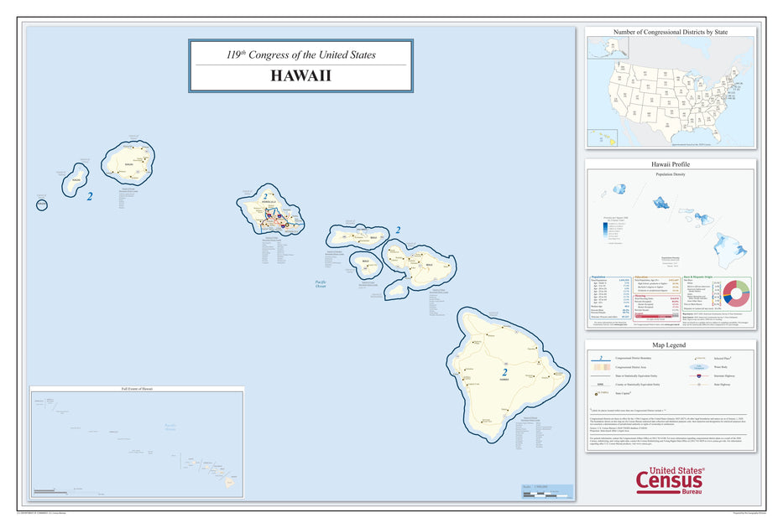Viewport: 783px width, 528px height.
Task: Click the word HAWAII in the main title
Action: tap(300, 75)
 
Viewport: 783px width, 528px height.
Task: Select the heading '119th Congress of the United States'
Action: tap(300, 55)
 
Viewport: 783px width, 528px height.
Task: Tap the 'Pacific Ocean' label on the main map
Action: tap(320, 284)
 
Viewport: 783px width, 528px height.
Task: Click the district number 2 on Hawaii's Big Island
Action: tap(504, 372)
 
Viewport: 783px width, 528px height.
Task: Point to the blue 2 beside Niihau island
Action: tap(90, 197)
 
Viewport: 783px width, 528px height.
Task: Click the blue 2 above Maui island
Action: tap(398, 230)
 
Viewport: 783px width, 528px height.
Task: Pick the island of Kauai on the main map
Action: tap(129, 163)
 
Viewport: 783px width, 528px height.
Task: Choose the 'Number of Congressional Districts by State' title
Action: tap(671, 32)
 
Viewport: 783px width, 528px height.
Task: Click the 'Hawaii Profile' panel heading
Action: tap(671, 165)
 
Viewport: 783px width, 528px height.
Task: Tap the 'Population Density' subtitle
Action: tap(671, 174)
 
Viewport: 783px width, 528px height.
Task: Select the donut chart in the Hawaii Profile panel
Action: tap(733, 292)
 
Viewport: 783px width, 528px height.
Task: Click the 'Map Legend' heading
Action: tap(671, 344)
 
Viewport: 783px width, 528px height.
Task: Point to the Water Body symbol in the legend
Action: tap(697, 367)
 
